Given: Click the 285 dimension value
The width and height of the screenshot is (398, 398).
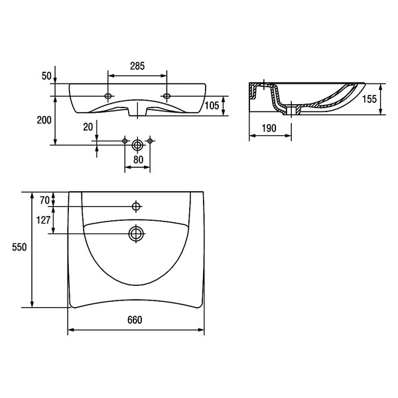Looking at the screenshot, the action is pos(137,66).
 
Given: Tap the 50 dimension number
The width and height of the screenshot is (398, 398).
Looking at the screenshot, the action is pos(46,76).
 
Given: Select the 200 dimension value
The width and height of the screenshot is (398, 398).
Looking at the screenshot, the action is pos(44,120).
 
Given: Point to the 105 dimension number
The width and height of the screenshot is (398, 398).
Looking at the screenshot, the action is pos(212,105).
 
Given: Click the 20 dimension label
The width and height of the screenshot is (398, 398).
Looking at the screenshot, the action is pos(88,127).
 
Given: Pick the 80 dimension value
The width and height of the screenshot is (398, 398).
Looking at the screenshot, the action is pos(139,160).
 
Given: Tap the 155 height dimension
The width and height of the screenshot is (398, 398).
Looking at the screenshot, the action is pos(369,99).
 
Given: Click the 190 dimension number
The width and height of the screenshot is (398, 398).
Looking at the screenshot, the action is pos(269,128).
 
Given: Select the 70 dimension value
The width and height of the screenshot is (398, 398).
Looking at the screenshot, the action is pos(44,200).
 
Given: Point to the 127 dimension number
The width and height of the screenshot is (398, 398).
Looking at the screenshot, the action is pos(43,220).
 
